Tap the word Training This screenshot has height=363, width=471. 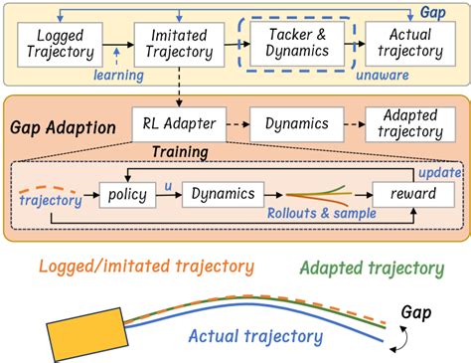pyautogui.click(x=181, y=154)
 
